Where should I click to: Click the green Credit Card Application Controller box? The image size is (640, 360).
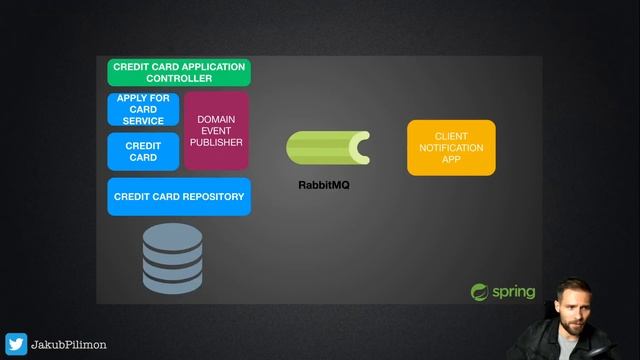tap(179, 72)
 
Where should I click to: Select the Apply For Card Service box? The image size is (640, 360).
tap(143, 109)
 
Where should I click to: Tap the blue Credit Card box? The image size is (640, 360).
tap(143, 151)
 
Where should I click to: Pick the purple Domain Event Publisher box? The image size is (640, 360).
tap(216, 131)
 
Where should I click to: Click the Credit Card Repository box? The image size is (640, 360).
tap(179, 197)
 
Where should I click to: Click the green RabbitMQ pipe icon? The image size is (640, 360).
tap(327, 149)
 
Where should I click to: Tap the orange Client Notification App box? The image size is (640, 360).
tap(451, 147)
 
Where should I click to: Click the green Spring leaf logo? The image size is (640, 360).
tap(480, 292)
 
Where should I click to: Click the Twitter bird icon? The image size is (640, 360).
tap(16, 344)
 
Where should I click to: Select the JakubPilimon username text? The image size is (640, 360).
tap(69, 345)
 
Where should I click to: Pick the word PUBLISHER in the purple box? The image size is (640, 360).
tap(216, 143)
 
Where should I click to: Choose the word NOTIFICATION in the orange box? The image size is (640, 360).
tap(451, 148)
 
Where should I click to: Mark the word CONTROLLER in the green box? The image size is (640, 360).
tap(179, 78)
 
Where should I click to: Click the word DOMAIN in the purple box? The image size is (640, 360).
tap(216, 119)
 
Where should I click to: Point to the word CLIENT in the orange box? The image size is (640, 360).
tap(451, 136)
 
